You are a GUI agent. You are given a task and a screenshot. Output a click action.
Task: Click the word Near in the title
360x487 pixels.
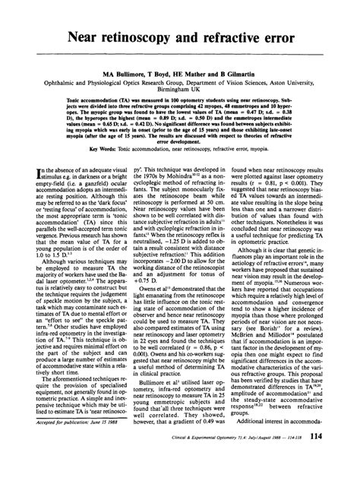tap(90, 36)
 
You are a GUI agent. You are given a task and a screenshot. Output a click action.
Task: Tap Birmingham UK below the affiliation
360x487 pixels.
tap(180, 99)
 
